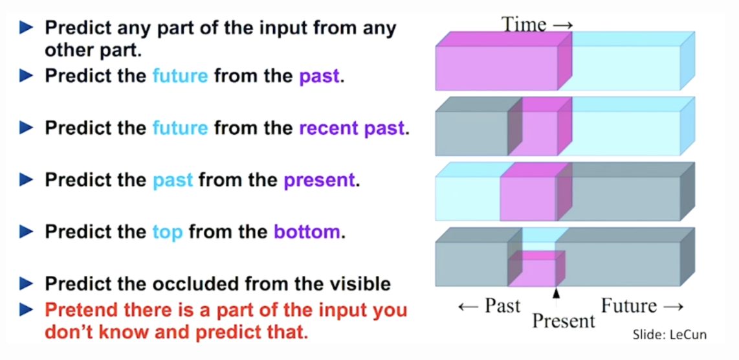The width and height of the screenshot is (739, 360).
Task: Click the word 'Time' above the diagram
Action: pos(523,24)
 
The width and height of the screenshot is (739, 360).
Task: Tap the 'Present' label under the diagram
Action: pos(563,321)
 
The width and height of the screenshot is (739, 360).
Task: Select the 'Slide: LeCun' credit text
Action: pos(670,335)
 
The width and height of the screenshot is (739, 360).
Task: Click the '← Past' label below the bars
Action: pos(489,306)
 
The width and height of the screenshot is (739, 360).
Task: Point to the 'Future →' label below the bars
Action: pos(642,306)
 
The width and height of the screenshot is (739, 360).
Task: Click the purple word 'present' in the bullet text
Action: pos(318,181)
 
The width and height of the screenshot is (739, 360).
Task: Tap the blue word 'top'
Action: pos(168,232)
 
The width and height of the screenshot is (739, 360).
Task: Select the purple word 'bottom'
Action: pos(306,232)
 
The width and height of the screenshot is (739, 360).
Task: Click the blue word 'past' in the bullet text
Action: pos(173,181)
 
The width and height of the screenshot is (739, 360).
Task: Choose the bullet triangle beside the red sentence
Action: pos(27,310)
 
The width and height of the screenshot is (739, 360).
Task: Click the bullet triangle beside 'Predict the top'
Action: pos(27,232)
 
